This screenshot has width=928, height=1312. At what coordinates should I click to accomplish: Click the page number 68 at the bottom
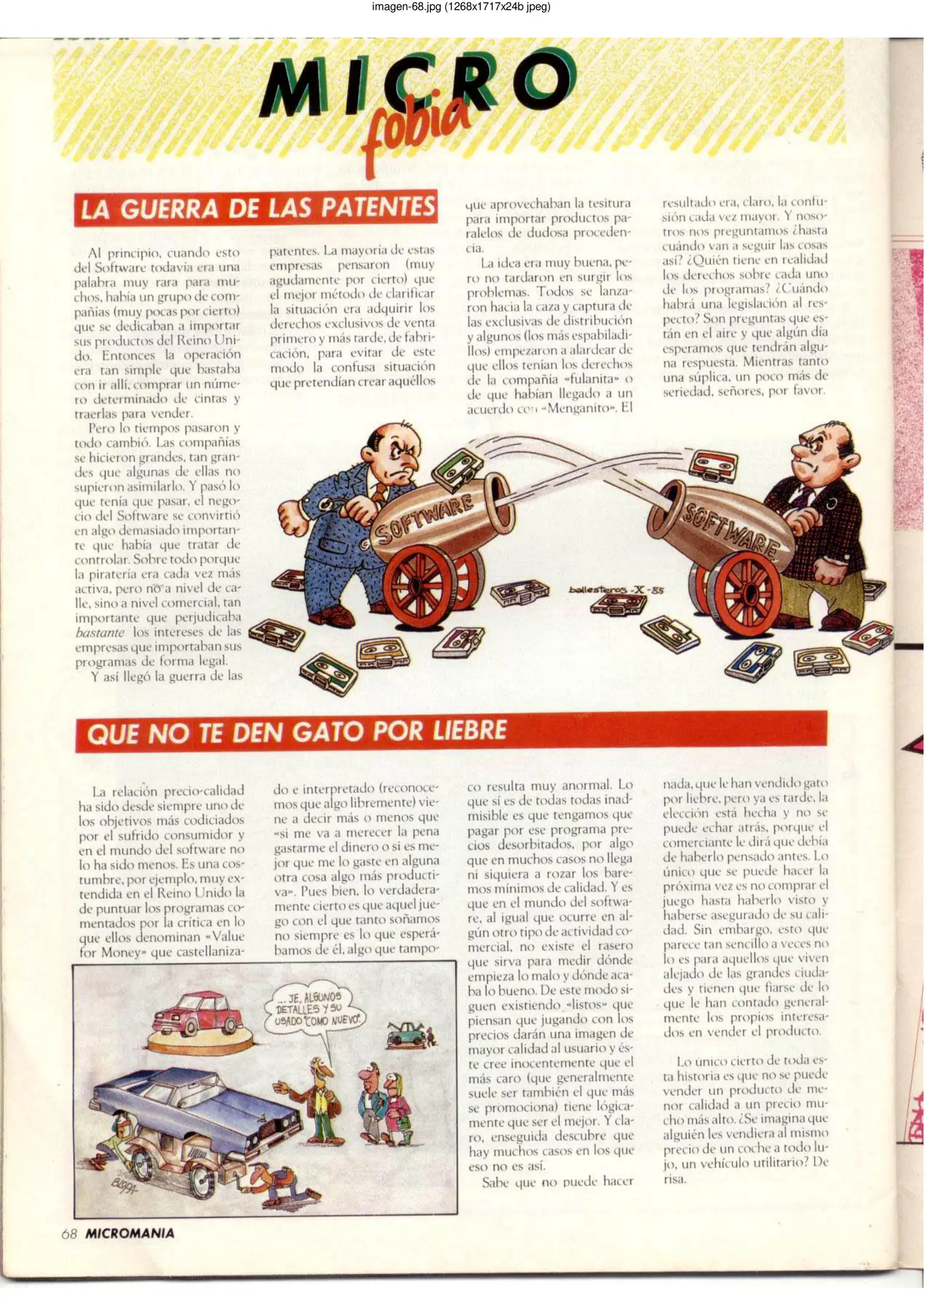click(x=69, y=1233)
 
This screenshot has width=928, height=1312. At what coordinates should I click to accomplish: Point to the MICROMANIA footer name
click(x=129, y=1233)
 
